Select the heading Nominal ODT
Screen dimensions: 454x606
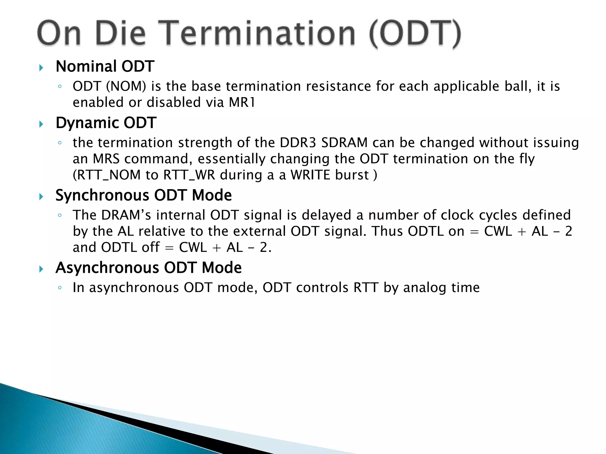click(105, 66)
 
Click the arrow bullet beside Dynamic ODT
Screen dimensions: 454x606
click(41, 124)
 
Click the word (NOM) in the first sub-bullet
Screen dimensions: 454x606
click(126, 86)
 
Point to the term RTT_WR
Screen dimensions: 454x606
click(189, 175)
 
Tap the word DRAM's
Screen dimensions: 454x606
click(126, 215)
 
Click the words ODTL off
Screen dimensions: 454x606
click(130, 247)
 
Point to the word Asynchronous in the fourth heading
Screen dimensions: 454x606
click(107, 268)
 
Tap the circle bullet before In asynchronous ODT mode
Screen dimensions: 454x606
click(60, 288)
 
